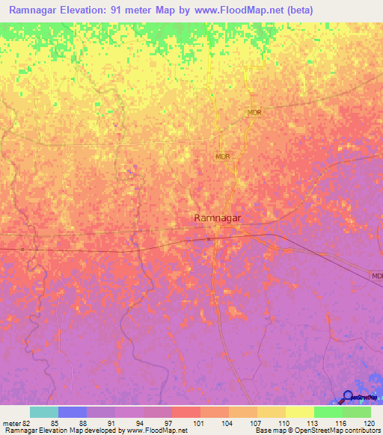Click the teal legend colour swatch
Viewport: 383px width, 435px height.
(43, 412)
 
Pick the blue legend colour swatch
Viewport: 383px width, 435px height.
(73, 412)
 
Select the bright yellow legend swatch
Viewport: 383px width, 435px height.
(299, 412)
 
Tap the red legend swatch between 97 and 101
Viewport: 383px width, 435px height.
(186, 412)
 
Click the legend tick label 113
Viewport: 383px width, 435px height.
(313, 422)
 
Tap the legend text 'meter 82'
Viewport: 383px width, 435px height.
(16, 422)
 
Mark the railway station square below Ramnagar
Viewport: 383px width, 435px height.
(209, 239)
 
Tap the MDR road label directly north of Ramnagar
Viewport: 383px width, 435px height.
(222, 156)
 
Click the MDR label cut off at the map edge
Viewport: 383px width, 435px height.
(377, 275)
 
